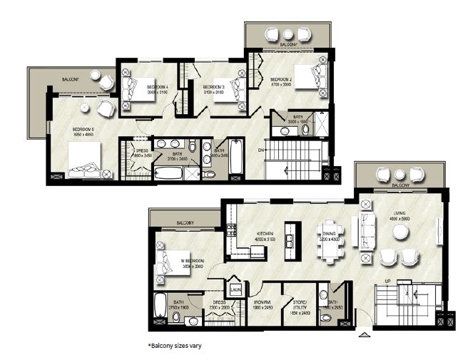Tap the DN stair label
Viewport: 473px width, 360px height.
(x=261, y=150)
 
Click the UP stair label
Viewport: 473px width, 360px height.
(x=388, y=282)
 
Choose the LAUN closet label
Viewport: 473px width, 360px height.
(x=235, y=290)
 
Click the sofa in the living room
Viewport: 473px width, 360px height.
(x=368, y=230)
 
